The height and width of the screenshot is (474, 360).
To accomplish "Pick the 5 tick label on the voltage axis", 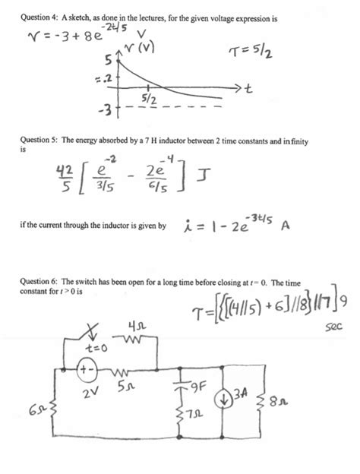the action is pyautogui.click(x=109, y=59).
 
